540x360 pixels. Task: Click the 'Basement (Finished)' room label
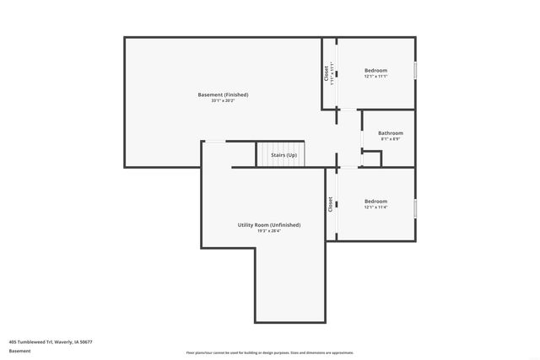pyautogui.click(x=223, y=94)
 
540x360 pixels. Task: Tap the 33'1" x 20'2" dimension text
pyautogui.click(x=223, y=101)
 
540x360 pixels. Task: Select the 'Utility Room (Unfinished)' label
pyautogui.click(x=268, y=225)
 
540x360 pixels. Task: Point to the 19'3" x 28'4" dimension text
pyautogui.click(x=268, y=232)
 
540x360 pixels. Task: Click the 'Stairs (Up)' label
pyautogui.click(x=283, y=155)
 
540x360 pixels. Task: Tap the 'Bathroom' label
pyautogui.click(x=390, y=132)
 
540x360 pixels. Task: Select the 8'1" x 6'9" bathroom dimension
pyautogui.click(x=390, y=139)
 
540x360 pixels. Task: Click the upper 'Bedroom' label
pyautogui.click(x=375, y=70)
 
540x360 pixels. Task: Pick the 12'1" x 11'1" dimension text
pyautogui.click(x=375, y=77)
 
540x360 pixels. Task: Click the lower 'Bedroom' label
pyautogui.click(x=375, y=201)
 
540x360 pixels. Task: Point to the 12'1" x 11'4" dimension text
pyautogui.click(x=375, y=207)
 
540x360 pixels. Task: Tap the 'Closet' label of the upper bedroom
pyautogui.click(x=327, y=73)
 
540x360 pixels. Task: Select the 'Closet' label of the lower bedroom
pyautogui.click(x=330, y=204)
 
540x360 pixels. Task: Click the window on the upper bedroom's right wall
pyautogui.click(x=415, y=71)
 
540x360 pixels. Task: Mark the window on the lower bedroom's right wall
pyautogui.click(x=415, y=207)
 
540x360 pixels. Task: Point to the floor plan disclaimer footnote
pyautogui.click(x=269, y=352)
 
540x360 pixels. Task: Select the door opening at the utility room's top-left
pyautogui.click(x=216, y=142)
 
